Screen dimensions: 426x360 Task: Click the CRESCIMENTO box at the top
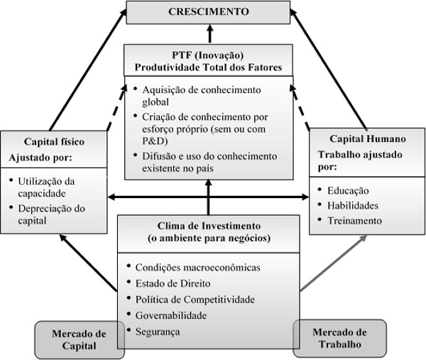[208, 12]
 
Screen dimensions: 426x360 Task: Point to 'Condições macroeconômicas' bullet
[198, 268]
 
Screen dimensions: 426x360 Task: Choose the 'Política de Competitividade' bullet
[192, 299]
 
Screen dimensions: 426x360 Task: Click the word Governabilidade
[175, 315]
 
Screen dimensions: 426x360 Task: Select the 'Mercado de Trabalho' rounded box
[339, 338]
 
